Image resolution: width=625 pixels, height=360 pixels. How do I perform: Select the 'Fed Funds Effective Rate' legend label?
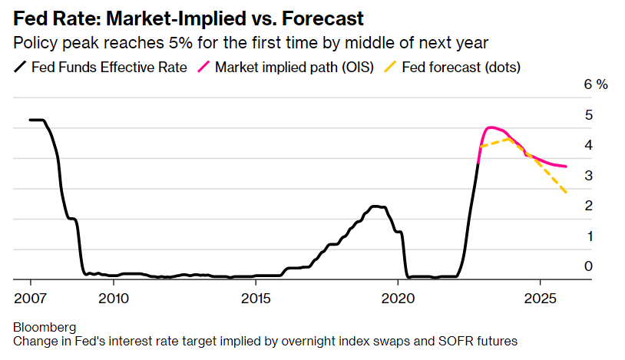[109, 67]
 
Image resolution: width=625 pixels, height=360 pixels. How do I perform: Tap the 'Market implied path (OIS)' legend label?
[294, 67]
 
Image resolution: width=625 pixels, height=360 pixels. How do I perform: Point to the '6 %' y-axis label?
[596, 84]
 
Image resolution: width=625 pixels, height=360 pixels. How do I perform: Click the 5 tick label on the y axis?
[588, 115]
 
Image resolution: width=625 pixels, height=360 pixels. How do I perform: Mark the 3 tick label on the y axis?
[588, 176]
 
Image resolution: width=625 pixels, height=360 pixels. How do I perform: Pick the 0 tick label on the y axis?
[588, 266]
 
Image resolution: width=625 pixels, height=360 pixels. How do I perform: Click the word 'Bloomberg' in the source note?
[45, 328]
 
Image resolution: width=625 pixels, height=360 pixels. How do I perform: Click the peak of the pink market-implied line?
[491, 127]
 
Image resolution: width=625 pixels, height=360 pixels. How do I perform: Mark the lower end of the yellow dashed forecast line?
[567, 193]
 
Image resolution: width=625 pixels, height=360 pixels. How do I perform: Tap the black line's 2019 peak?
[375, 206]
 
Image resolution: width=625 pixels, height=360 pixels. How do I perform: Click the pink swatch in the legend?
[203, 68]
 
